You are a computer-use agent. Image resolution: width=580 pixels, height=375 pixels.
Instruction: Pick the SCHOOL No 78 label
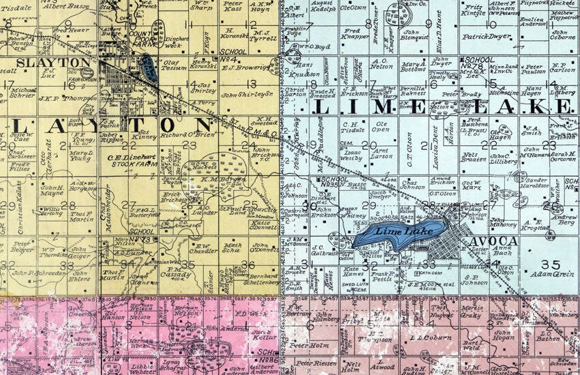click(x=477, y=61)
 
